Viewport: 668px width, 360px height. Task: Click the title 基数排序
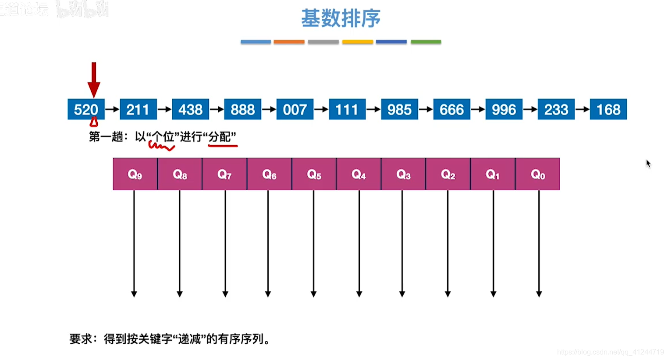(341, 18)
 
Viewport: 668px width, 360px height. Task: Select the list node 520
(86, 109)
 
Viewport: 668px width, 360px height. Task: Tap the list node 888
(242, 109)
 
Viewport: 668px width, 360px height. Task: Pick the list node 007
(295, 109)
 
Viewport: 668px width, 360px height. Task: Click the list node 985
(399, 109)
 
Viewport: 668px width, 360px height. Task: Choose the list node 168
(608, 109)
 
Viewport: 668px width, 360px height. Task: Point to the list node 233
(556, 109)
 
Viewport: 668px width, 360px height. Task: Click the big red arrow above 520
(94, 79)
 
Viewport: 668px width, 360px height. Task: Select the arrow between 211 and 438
(164, 109)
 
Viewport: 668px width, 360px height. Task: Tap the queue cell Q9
(135, 174)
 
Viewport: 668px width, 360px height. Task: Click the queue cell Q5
(314, 174)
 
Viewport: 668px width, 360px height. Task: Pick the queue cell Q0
(537, 174)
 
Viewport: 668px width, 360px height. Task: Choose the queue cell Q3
(403, 174)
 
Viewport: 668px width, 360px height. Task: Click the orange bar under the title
(289, 42)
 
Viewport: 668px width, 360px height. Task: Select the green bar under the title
(426, 42)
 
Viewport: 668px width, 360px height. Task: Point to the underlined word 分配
(220, 137)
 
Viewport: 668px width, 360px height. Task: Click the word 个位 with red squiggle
(163, 137)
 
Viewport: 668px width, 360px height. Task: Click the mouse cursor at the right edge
(648, 164)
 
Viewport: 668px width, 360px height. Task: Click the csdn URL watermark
(610, 352)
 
